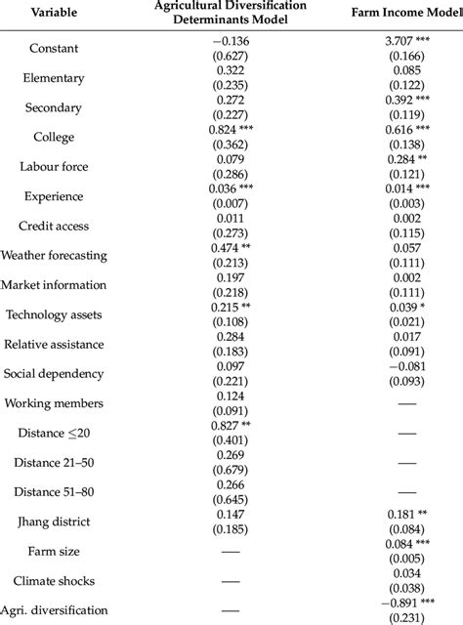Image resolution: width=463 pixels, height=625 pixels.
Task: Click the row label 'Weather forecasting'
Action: pyautogui.click(x=55, y=255)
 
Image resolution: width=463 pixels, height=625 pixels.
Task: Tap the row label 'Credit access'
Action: pyautogui.click(x=54, y=226)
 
